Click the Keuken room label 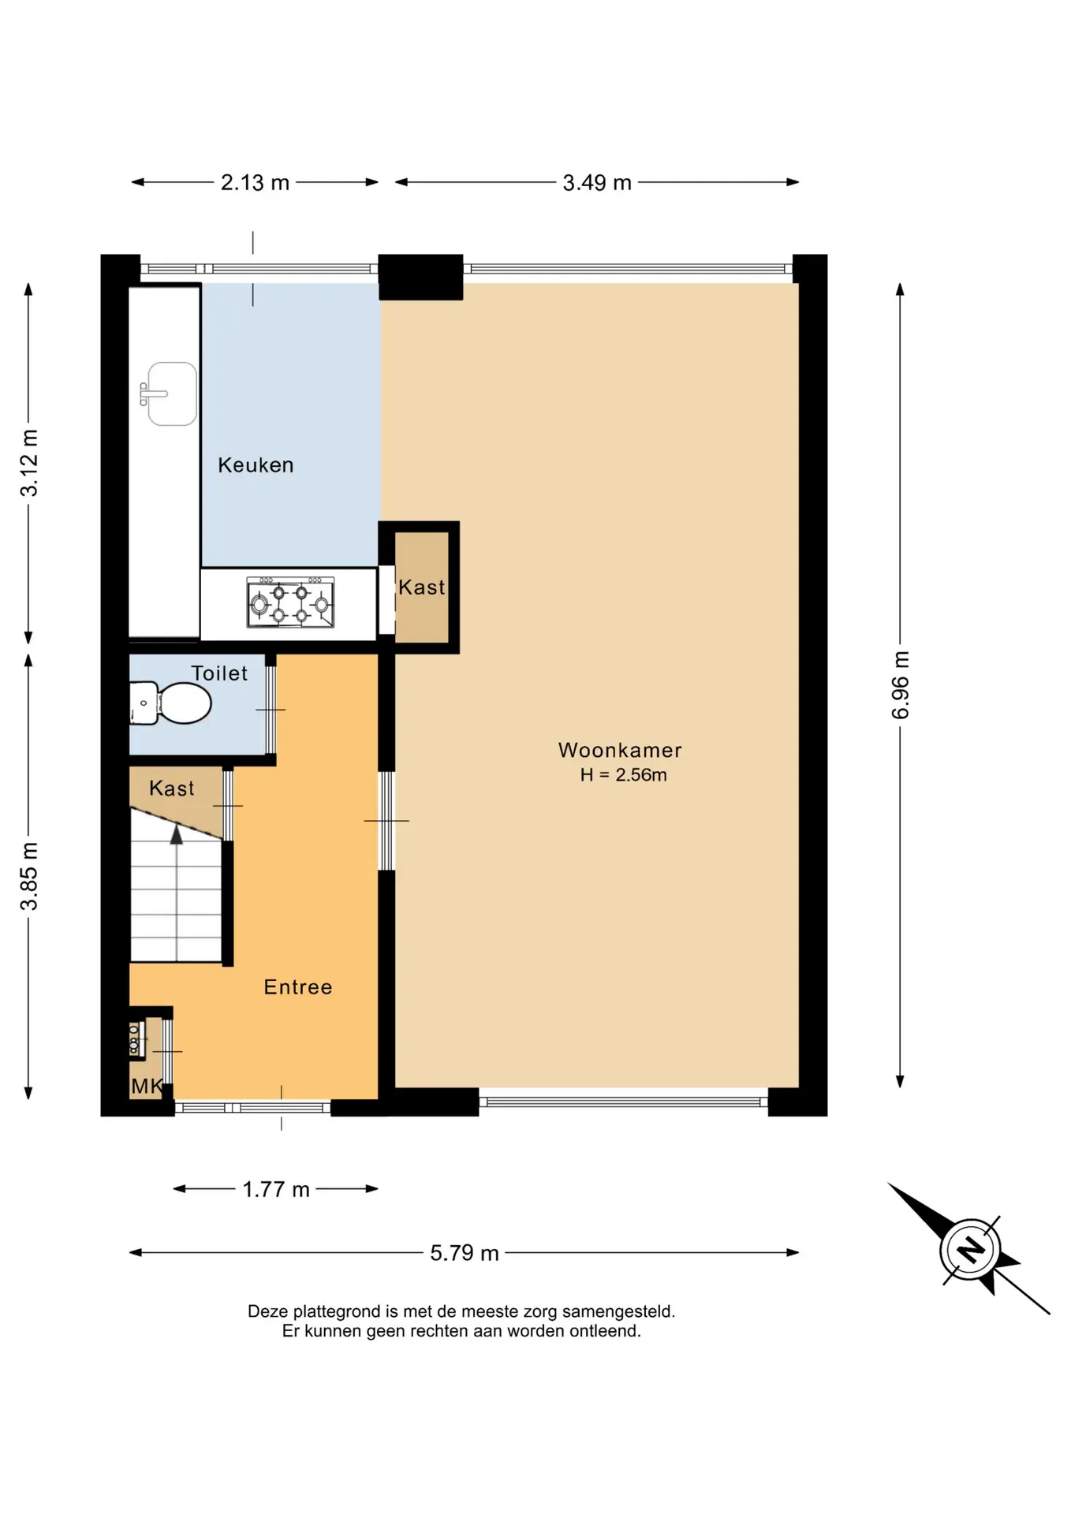click(x=256, y=465)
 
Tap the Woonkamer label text click(x=620, y=750)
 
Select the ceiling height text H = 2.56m click(x=623, y=775)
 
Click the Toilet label click(x=219, y=673)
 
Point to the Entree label click(x=298, y=987)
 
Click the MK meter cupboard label click(x=147, y=1087)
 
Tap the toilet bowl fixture click(x=171, y=703)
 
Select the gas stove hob click(x=290, y=602)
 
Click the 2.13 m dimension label click(x=255, y=183)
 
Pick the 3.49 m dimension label click(x=597, y=183)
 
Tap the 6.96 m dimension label click(x=901, y=685)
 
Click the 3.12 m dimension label click(x=29, y=463)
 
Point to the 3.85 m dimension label click(x=29, y=876)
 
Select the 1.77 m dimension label click(x=276, y=1189)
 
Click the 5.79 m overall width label click(x=465, y=1253)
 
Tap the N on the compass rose click(x=970, y=1250)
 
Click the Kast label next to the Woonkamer click(x=421, y=587)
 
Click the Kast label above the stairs click(x=172, y=789)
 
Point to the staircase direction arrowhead click(x=177, y=835)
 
